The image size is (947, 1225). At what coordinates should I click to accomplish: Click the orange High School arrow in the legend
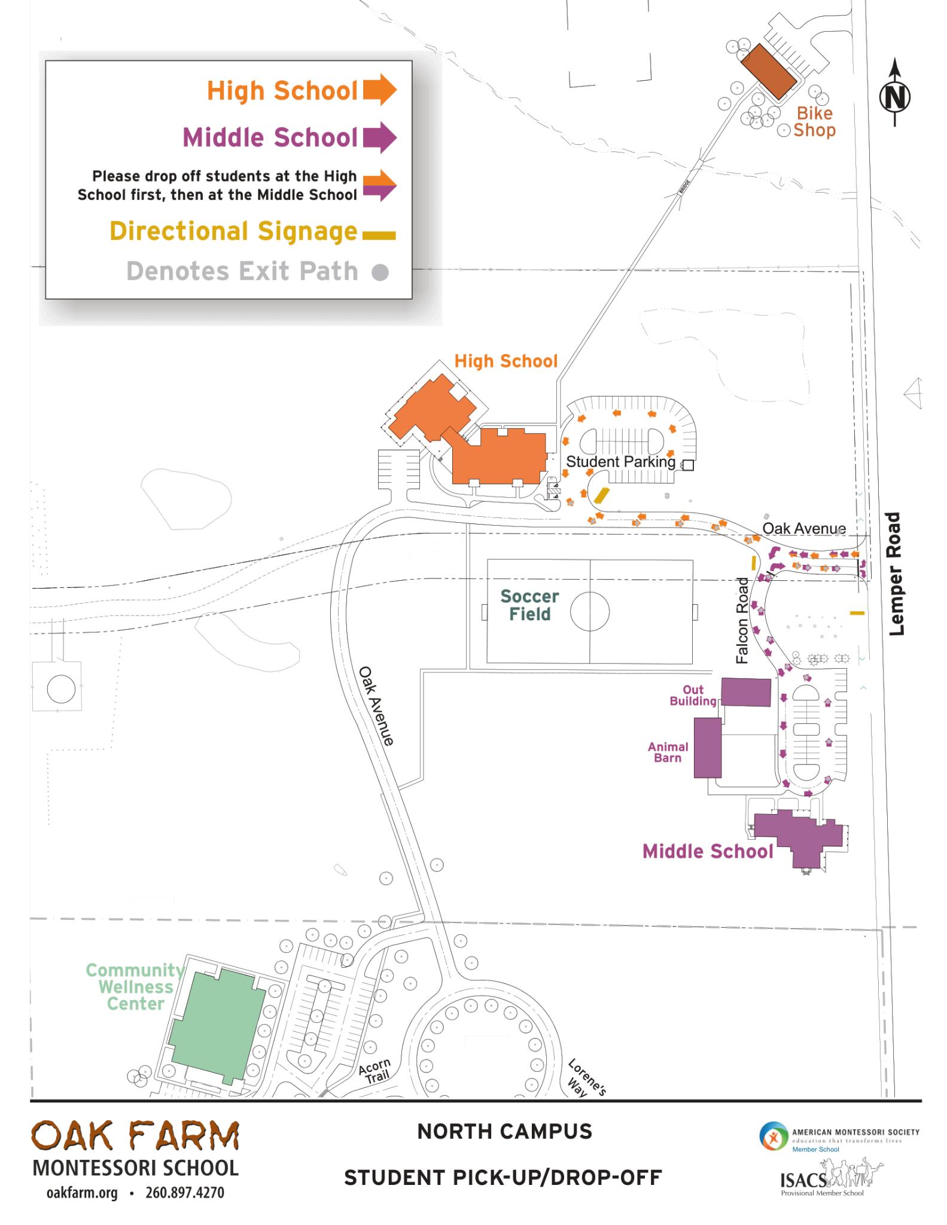pyautogui.click(x=379, y=90)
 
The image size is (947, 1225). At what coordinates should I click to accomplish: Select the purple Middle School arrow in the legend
pyautogui.click(x=379, y=137)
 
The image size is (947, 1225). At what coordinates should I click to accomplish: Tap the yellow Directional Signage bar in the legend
pyautogui.click(x=379, y=235)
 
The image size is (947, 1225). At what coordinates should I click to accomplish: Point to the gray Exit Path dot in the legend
pyautogui.click(x=380, y=273)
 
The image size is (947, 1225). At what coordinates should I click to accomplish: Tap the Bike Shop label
pyautogui.click(x=814, y=121)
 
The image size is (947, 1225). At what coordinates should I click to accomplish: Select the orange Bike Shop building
pyautogui.click(x=769, y=71)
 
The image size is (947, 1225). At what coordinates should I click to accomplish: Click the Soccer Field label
pyautogui.click(x=529, y=605)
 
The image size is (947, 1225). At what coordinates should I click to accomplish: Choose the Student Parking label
pyautogui.click(x=620, y=462)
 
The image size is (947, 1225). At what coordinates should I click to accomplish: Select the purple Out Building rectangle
pyautogui.click(x=745, y=692)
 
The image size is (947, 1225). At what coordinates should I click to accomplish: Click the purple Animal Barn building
pyautogui.click(x=707, y=747)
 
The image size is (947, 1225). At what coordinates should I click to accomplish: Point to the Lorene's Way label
pyautogui.click(x=586, y=1077)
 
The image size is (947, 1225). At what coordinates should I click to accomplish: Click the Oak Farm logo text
pyautogui.click(x=136, y=1135)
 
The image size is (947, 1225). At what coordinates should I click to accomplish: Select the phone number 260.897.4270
pyautogui.click(x=185, y=1193)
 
